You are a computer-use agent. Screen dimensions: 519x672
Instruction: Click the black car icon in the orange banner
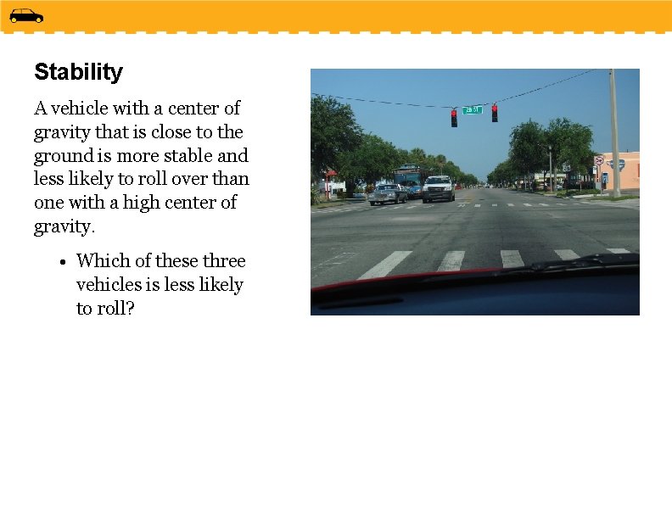coord(26,15)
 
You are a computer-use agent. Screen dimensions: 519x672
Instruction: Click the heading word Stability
coord(78,72)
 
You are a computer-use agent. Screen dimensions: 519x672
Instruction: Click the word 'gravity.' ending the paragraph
coord(64,226)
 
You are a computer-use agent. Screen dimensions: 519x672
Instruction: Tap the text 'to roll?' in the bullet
coord(105,309)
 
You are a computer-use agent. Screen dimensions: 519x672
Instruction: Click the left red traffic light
coord(454,118)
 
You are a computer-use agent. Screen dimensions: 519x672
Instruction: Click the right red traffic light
coord(495,113)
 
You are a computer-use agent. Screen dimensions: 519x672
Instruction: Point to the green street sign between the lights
coord(473,109)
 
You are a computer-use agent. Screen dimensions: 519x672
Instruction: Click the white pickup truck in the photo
coord(439,188)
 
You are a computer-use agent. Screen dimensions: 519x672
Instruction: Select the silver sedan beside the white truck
coord(388,194)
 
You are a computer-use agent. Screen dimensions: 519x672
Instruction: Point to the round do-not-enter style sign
coord(598,160)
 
